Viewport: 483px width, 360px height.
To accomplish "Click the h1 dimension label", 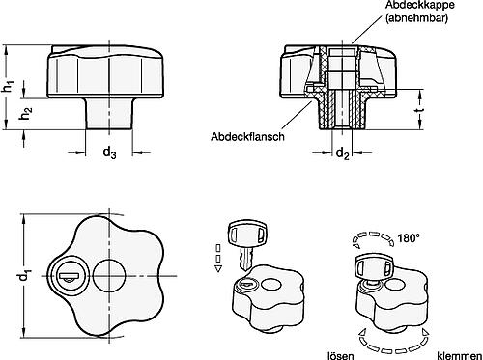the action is point(10,86).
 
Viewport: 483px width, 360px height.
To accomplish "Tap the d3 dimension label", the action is point(109,152).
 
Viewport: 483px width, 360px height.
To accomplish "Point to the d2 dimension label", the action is point(343,153).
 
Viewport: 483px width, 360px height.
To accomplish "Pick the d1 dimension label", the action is point(24,276).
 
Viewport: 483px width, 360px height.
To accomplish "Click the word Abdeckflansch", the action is point(247,137).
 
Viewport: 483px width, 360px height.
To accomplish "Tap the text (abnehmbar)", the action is point(416,18).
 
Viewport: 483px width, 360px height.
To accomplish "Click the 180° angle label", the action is point(409,238).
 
